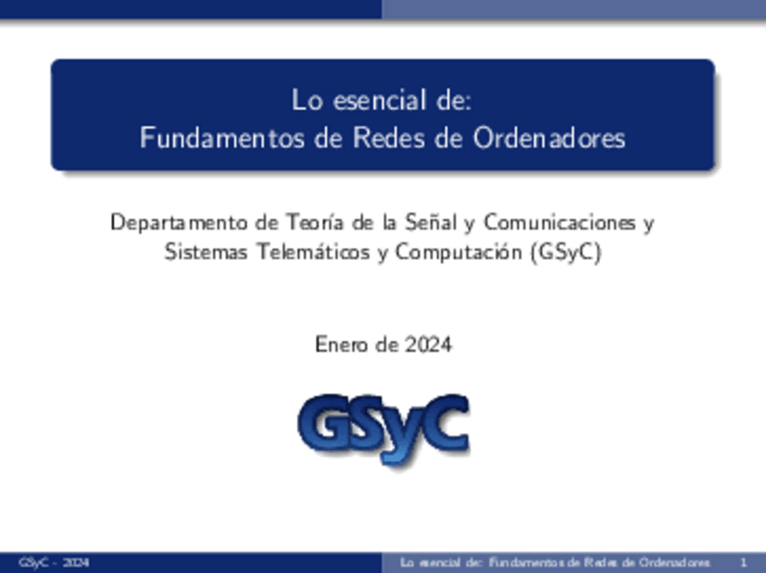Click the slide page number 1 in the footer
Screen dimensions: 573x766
(742, 563)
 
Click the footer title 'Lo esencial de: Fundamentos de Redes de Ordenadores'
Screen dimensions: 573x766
(555, 563)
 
